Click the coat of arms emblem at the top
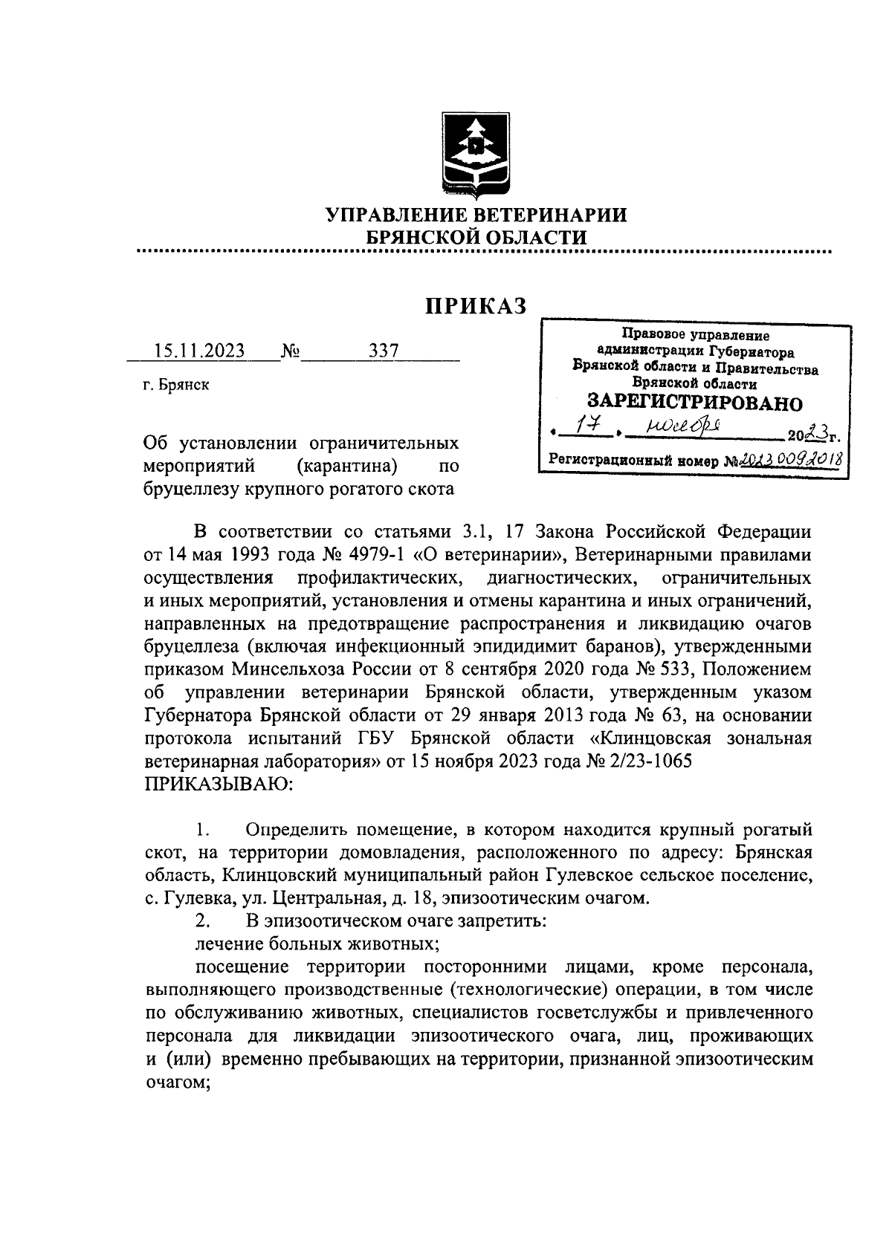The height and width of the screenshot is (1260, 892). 476,157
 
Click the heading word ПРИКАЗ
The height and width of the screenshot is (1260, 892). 476,305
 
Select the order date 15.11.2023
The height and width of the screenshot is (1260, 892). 199,351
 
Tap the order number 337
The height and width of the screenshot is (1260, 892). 384,351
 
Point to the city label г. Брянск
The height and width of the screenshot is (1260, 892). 177,385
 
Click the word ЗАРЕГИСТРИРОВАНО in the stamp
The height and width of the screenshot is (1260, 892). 695,403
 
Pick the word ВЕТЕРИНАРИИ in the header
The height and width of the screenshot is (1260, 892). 549,215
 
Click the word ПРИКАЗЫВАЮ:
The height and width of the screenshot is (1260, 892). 219,785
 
